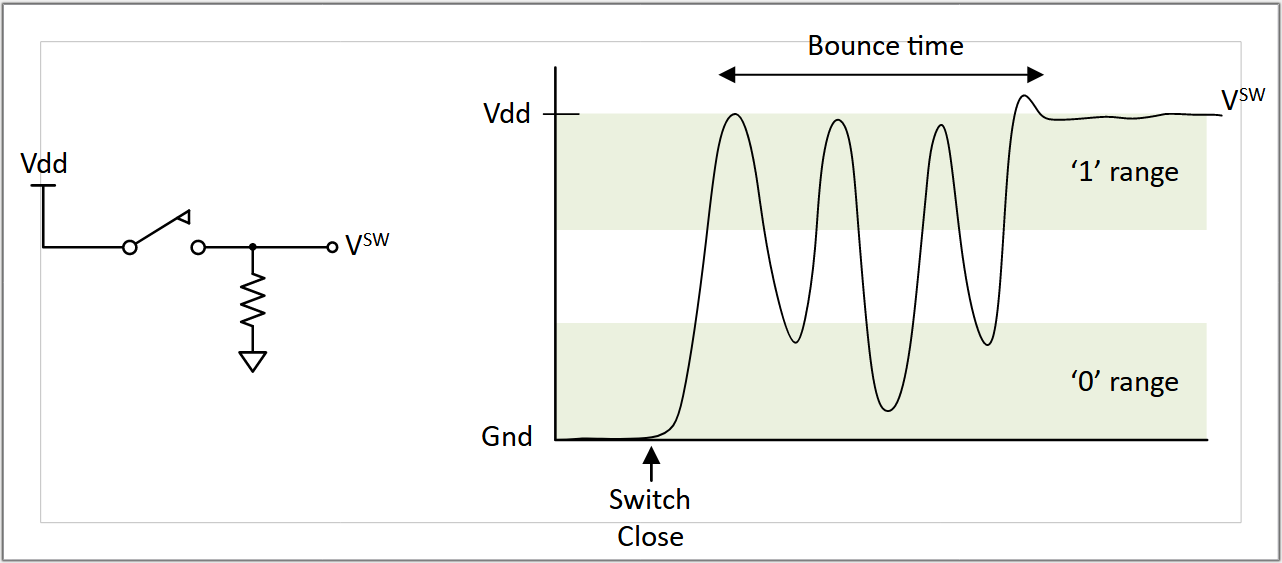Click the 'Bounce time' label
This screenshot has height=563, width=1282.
885,46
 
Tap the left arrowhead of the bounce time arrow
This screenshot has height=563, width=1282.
727,74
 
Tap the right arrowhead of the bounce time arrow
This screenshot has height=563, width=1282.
1035,74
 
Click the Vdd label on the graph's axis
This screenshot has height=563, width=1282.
507,113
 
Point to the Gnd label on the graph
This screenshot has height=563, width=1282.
507,437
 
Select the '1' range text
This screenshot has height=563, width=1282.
1125,172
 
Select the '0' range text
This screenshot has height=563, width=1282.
1125,382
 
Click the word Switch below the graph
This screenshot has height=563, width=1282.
650,499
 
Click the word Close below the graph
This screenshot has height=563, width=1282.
650,537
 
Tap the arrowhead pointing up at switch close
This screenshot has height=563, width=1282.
651,455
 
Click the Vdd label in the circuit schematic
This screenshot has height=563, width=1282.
44,164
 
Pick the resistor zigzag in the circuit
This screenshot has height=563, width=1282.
253,300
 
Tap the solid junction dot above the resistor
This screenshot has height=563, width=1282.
253,247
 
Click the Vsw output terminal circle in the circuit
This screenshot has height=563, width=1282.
332,247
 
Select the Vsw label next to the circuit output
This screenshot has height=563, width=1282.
367,244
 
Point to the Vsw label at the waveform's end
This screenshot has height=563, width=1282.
1243,99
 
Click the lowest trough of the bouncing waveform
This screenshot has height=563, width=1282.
888,410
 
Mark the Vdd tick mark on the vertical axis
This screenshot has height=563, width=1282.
561,114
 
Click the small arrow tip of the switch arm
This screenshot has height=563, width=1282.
185,217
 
